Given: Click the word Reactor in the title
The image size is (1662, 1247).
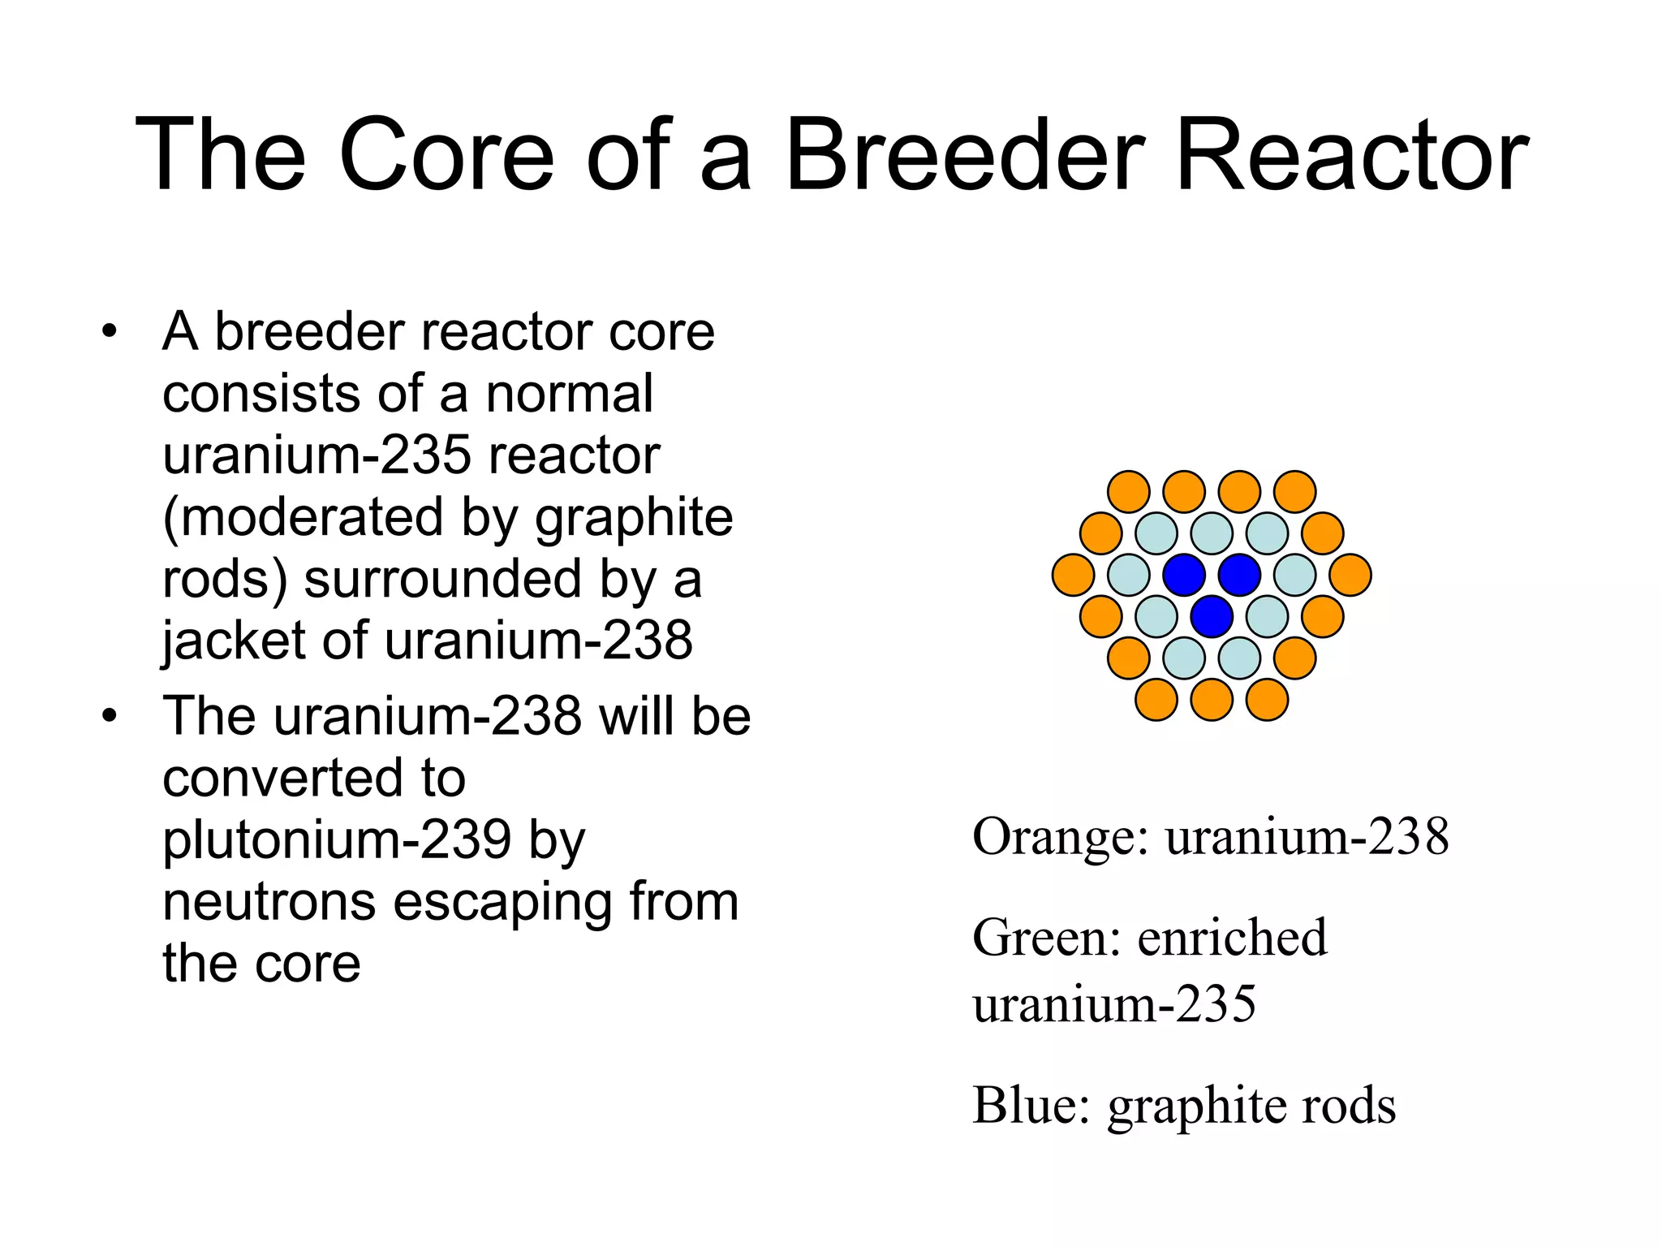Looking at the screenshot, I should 1350,154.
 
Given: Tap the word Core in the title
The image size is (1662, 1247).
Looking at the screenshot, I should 446,154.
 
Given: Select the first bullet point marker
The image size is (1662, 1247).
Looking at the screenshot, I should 110,332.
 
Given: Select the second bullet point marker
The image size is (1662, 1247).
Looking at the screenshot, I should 110,717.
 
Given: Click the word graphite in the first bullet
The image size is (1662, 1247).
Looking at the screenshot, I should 634,518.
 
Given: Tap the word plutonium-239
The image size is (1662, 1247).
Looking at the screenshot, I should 337,840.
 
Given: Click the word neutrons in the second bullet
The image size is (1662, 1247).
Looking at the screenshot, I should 269,902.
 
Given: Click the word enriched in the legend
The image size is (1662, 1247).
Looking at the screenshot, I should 1232,938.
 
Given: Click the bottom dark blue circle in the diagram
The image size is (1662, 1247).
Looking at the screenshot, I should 1212,616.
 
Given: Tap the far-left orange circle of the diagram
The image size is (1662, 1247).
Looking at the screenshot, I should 1073,575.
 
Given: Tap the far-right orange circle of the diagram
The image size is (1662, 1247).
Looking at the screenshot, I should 1350,575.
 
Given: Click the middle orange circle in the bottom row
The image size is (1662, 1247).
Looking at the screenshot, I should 1212,700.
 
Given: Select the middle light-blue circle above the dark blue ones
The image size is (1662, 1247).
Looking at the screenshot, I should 1212,533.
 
